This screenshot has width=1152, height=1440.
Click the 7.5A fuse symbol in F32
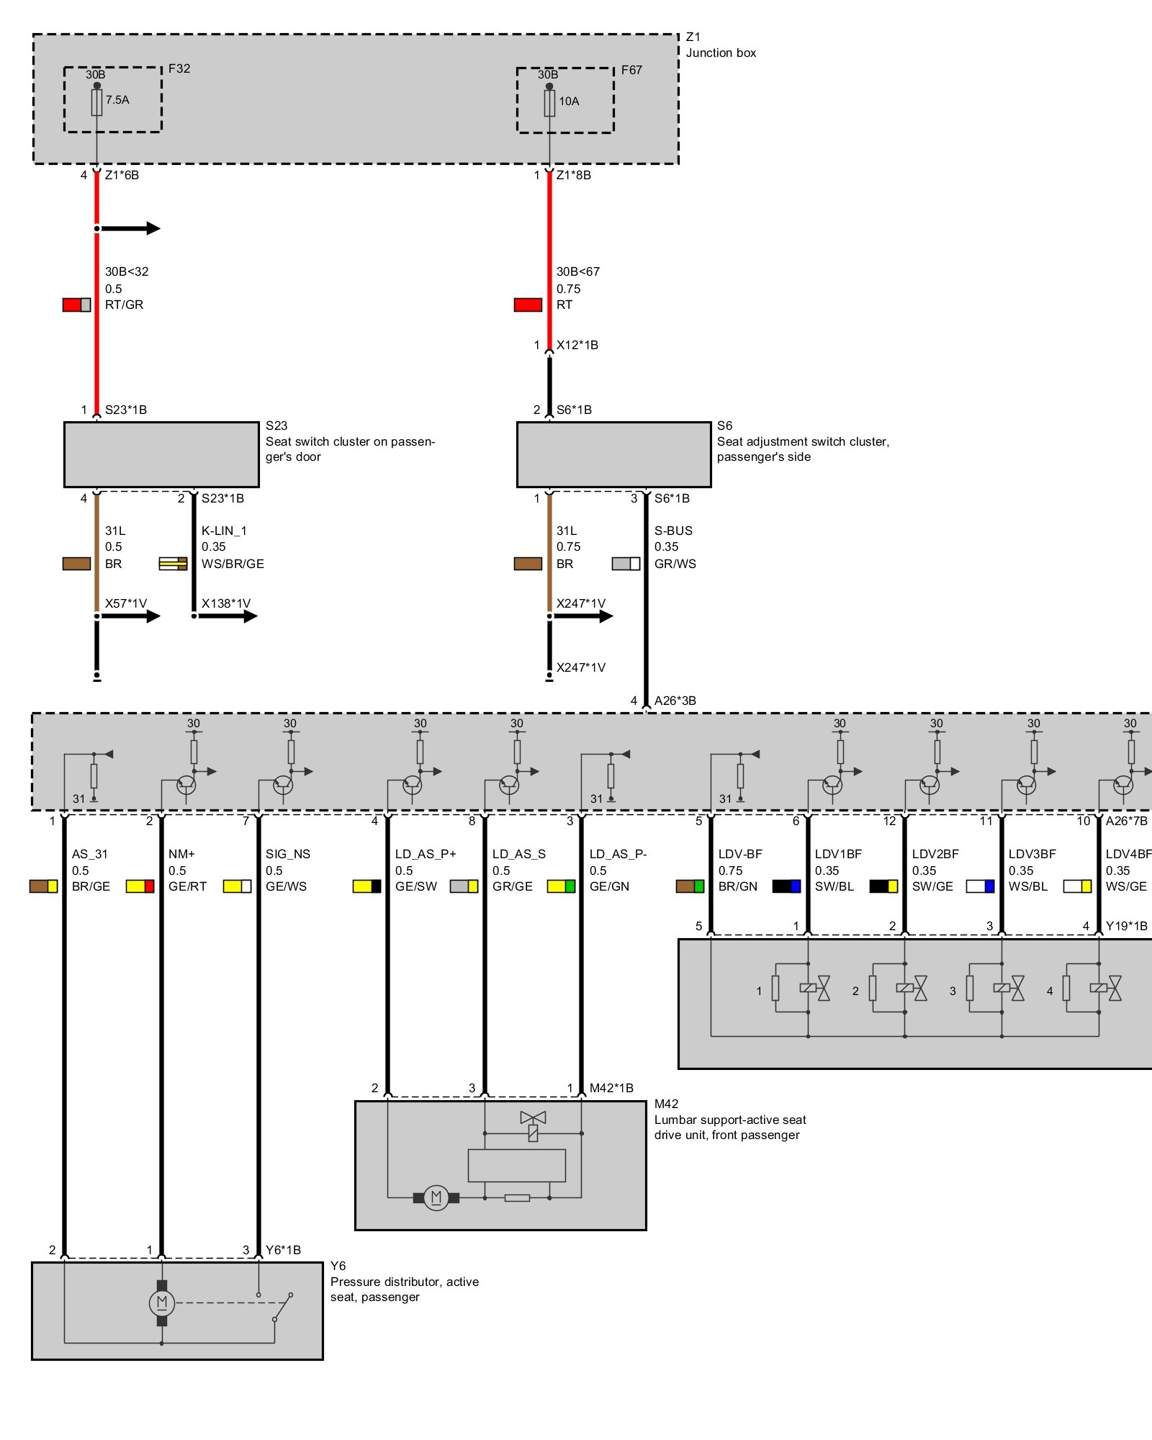pos(96,102)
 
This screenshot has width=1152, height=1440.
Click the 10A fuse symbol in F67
pos(549,103)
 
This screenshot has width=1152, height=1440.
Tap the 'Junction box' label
pos(721,53)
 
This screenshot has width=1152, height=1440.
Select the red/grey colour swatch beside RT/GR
pos(76,305)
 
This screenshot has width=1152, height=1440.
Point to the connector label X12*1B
pos(577,345)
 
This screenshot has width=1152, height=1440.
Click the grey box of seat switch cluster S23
pos(161,454)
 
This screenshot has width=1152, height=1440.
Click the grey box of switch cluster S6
pos(613,454)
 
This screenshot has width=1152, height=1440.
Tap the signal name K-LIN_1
pos(224,531)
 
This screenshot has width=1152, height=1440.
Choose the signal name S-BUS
pos(673,531)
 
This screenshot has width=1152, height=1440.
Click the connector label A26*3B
pos(675,701)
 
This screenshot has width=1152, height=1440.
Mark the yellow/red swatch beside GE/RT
pos(140,886)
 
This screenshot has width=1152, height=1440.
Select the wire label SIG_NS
pos(288,854)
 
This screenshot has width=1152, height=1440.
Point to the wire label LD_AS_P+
pos(426,854)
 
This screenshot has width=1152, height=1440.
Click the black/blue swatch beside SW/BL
pos(786,886)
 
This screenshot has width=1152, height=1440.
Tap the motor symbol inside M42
pos(436,1198)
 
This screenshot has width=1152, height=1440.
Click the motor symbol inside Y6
pos(161,1302)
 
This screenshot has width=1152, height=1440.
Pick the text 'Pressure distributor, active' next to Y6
pos(404,1282)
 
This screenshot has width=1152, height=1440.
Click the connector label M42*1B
pos(611,1088)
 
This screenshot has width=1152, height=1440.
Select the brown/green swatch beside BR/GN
pos(690,886)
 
